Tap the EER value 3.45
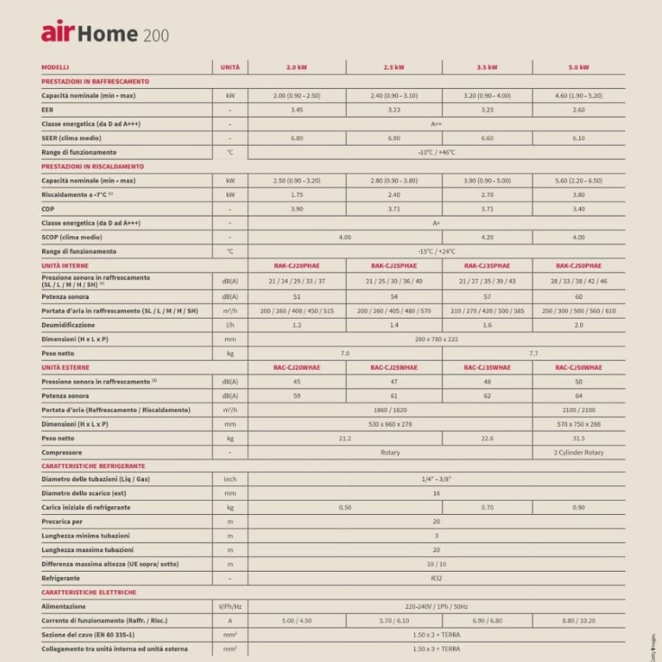(x=297, y=110)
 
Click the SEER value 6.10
(x=578, y=138)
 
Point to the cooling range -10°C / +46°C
(x=436, y=152)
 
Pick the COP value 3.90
(x=297, y=209)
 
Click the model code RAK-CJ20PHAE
(x=297, y=266)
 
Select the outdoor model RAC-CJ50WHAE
(x=578, y=367)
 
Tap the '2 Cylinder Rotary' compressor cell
(x=578, y=452)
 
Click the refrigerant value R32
(x=436, y=579)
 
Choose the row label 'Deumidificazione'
(x=68, y=325)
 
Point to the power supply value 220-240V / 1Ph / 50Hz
(x=436, y=606)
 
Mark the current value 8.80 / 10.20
(x=578, y=621)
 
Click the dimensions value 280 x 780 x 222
(x=436, y=339)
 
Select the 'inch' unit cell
(x=230, y=479)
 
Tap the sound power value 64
(x=578, y=396)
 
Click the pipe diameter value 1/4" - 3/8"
(x=436, y=479)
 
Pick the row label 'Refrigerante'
(x=61, y=579)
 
